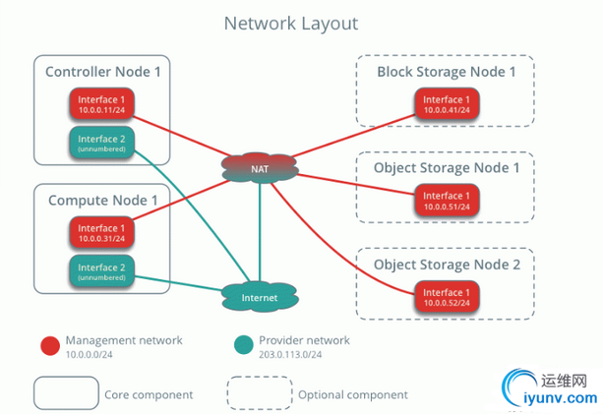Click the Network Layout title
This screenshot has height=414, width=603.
[x=290, y=23]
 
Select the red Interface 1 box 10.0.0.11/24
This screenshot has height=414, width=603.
[x=102, y=104]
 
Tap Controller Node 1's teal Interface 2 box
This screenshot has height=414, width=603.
[x=102, y=143]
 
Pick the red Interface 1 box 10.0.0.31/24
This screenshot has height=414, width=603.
[x=102, y=233]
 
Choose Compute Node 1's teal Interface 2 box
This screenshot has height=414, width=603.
[x=102, y=271]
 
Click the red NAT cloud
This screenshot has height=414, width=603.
[x=259, y=168]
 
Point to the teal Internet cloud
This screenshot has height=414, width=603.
[x=259, y=296]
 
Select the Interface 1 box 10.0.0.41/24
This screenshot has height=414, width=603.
[x=446, y=104]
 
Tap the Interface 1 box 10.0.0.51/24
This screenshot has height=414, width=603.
[x=446, y=201]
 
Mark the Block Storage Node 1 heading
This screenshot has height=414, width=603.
[x=446, y=72]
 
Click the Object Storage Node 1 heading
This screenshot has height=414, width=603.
[x=446, y=168]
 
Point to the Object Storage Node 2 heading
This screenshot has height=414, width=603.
[x=446, y=265]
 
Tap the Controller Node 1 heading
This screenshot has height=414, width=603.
[x=102, y=72]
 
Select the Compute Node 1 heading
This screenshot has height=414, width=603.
[x=102, y=201]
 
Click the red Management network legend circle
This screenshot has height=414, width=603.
[x=49, y=346]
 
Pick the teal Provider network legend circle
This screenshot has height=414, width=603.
[x=242, y=346]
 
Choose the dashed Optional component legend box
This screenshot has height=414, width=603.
[x=260, y=393]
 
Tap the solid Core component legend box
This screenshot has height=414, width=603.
[x=65, y=393]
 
